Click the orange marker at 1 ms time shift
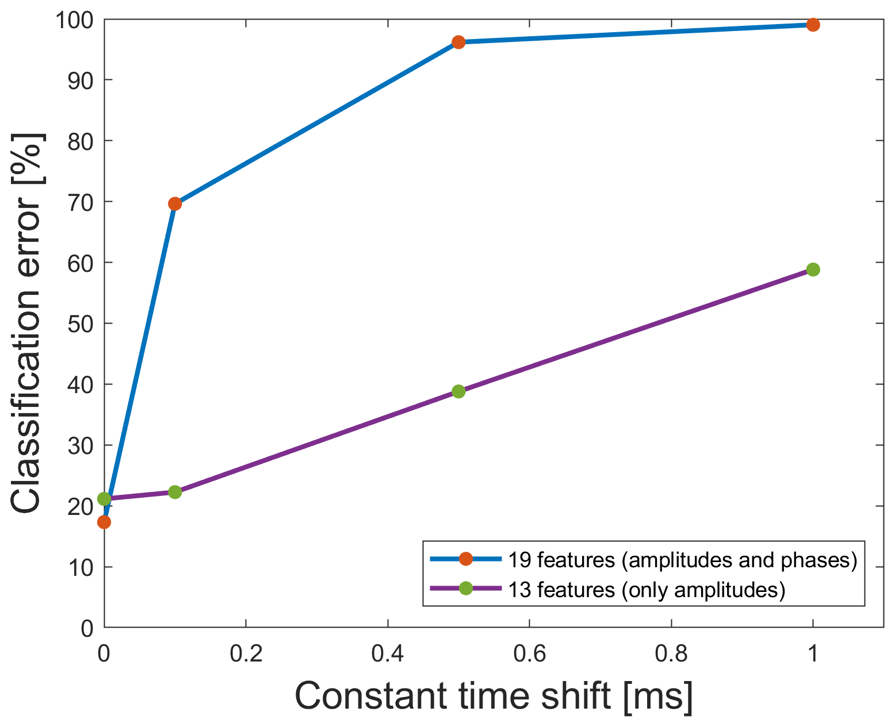click(812, 25)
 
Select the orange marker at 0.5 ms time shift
click(458, 42)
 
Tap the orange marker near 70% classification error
click(175, 203)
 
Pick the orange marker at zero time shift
click(104, 522)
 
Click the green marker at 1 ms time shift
click(812, 270)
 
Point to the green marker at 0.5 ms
click(458, 391)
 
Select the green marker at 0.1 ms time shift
click(175, 492)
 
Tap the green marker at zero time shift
click(104, 498)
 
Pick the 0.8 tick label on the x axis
click(671, 653)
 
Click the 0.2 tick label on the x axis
click(246, 653)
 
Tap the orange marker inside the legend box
click(466, 559)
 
